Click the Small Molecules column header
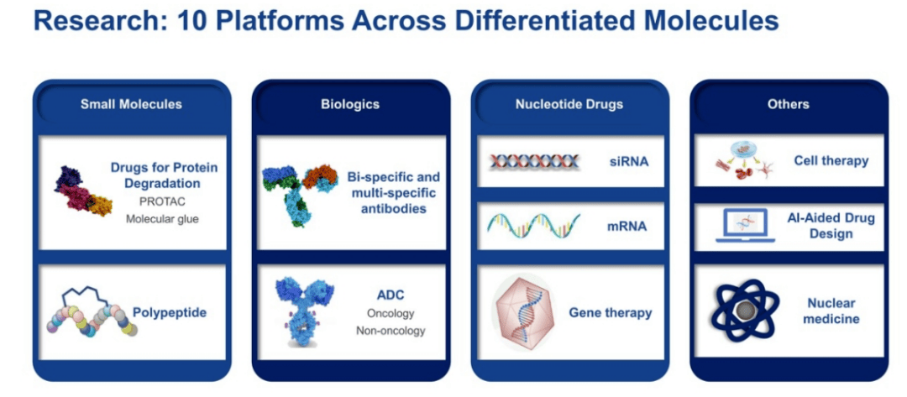click(131, 104)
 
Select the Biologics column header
click(350, 104)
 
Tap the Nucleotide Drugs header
click(569, 104)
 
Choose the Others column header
click(788, 104)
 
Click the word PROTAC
click(164, 202)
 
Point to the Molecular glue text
click(164, 219)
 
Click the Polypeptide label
click(170, 312)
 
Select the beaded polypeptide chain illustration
click(92, 316)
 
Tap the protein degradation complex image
click(82, 191)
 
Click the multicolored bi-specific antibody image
click(300, 194)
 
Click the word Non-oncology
click(391, 331)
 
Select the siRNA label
click(629, 161)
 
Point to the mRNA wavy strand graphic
click(532, 226)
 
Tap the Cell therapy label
click(831, 160)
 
